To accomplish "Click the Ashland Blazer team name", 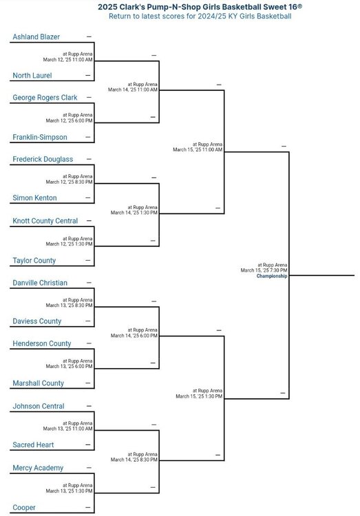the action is click(36, 37).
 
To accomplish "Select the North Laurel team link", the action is click(32, 76).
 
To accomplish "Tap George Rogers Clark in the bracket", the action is click(45, 98).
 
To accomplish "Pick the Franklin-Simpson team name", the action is click(40, 137).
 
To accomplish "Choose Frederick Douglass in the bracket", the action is click(43, 160).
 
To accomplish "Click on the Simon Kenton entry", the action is click(34, 197).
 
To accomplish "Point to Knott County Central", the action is click(45, 221).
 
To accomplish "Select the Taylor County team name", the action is click(34, 261).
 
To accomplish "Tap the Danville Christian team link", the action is click(40, 283).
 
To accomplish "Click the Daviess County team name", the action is click(37, 321).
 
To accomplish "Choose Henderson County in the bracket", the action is click(42, 343).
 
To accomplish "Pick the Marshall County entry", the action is click(39, 383).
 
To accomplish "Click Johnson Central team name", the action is click(39, 407).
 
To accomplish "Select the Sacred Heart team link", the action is click(33, 445).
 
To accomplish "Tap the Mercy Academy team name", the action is click(38, 468).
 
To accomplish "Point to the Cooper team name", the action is click(24, 508).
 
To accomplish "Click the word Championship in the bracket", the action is click(272, 276).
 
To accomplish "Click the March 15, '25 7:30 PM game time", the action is click(264, 270).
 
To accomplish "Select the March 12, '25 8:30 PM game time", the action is click(69, 182).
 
